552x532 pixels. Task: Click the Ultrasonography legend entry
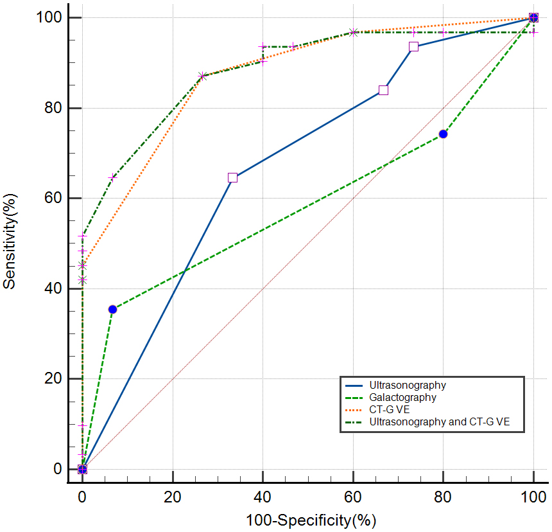click(407, 386)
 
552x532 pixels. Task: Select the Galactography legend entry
click(402, 398)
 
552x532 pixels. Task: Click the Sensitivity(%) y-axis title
click(10, 244)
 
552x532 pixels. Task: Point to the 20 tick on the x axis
click(173, 497)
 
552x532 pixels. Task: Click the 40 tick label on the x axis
click(263, 497)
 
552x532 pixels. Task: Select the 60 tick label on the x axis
click(353, 497)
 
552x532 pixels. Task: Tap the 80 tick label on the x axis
click(443, 497)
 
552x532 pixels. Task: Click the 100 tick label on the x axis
click(533, 497)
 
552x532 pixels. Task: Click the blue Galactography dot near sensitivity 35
click(112, 309)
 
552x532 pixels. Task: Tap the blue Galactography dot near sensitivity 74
click(443, 134)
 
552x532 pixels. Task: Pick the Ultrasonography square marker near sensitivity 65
click(232, 177)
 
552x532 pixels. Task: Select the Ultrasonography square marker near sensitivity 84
click(383, 90)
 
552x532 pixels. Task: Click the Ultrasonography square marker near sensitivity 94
click(413, 46)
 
